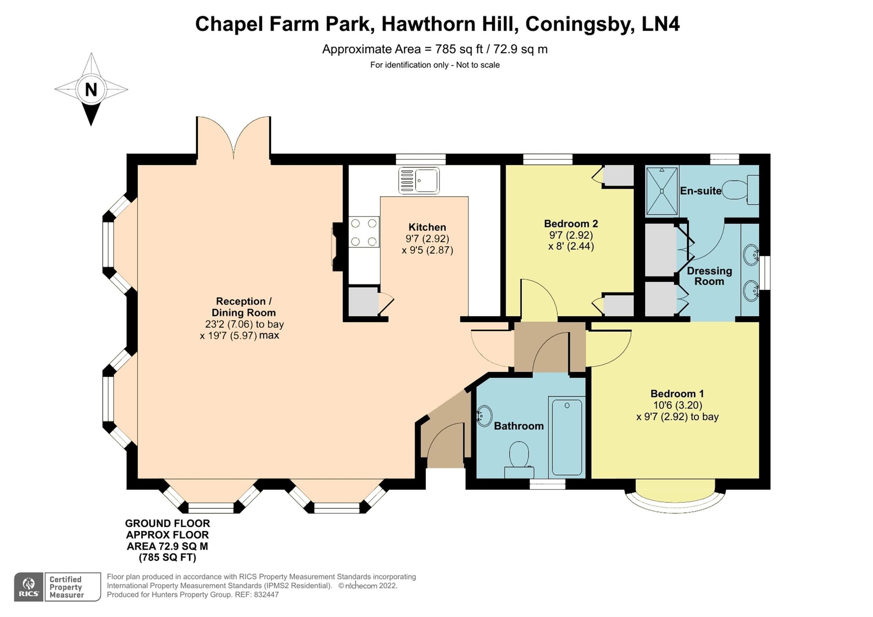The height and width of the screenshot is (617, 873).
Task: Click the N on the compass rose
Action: [x=91, y=90]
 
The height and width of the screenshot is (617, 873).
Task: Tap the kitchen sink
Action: [x=419, y=181]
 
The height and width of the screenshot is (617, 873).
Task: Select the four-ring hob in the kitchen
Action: [x=363, y=232]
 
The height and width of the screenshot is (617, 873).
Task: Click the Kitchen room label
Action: [x=427, y=227]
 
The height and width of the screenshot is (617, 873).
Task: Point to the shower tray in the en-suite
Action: [x=662, y=191]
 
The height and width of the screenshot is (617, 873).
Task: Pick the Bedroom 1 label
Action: [x=677, y=393]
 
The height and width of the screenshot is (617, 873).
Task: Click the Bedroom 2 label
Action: [x=571, y=224]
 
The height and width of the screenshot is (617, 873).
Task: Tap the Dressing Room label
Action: [x=709, y=276]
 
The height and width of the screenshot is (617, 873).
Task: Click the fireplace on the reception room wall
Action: [x=338, y=247]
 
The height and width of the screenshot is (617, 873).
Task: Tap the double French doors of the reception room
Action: [x=234, y=139]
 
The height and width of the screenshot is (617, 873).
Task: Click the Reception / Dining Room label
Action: [x=243, y=307]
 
